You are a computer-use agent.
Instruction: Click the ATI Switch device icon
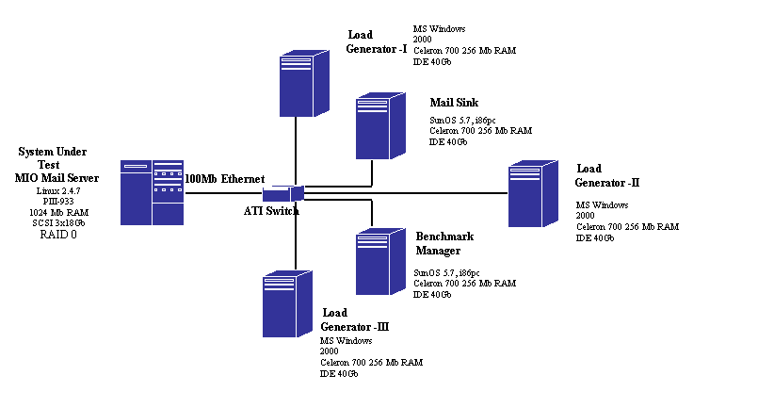(283, 193)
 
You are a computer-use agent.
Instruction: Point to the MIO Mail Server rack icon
(152, 192)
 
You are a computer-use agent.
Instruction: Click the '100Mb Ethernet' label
(225, 178)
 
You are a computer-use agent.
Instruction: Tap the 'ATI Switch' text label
(271, 211)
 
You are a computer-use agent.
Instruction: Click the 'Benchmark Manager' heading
(444, 243)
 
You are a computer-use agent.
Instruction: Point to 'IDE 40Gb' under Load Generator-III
(339, 374)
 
